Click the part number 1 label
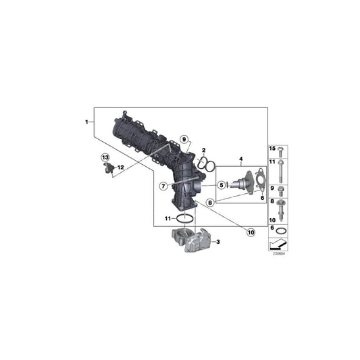pos(86,122)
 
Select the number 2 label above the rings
pos(203,150)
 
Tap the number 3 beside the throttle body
pos(218,241)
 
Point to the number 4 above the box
pos(240,160)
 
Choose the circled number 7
pos(163,186)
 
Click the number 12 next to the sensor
pos(120,166)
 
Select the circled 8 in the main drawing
pos(211,202)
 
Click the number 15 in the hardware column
pos(273,149)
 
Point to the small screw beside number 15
pos(282,150)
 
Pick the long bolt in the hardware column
pos(282,169)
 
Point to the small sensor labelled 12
pos(108,167)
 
